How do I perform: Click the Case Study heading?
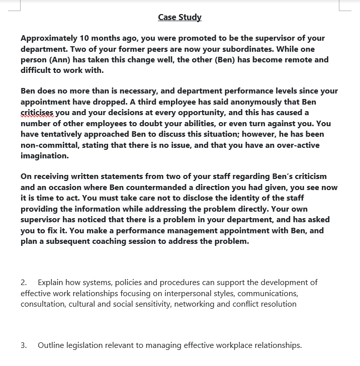179,17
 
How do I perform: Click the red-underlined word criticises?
37,112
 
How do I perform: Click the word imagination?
44,156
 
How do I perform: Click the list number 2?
24,283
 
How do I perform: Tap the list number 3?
24,345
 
